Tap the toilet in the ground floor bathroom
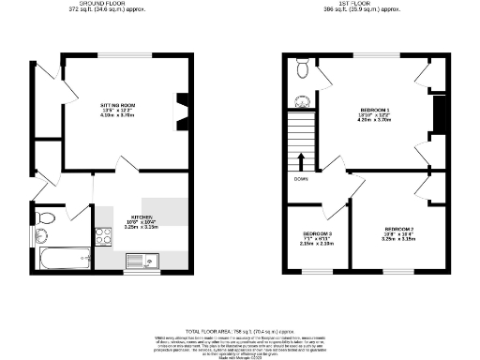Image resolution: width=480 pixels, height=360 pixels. [x=44, y=218]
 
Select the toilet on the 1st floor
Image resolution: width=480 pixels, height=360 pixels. [x=302, y=69]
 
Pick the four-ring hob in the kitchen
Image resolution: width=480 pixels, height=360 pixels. [x=102, y=238]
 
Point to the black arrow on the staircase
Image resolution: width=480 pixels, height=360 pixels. [x=302, y=158]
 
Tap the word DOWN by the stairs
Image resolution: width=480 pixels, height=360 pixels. [x=301, y=178]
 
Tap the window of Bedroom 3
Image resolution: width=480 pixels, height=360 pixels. [x=319, y=273]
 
